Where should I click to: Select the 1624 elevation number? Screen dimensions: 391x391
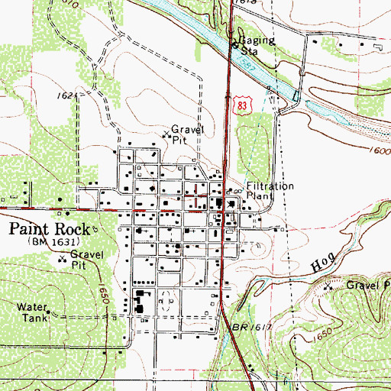(68, 97)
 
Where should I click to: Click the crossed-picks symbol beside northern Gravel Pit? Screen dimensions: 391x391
(166, 136)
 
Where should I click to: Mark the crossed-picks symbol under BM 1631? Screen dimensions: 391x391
(63, 259)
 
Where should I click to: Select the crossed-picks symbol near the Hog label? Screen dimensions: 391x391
(328, 287)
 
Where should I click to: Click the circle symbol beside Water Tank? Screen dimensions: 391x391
(50, 311)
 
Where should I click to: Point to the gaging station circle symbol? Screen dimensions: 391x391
(234, 44)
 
